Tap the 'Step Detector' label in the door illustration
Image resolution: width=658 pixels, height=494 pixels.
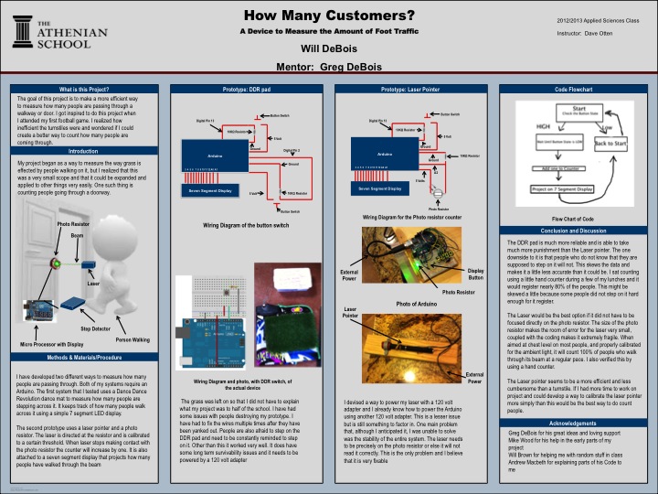(x=95, y=327)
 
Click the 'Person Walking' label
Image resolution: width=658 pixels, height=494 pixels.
(x=133, y=338)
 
